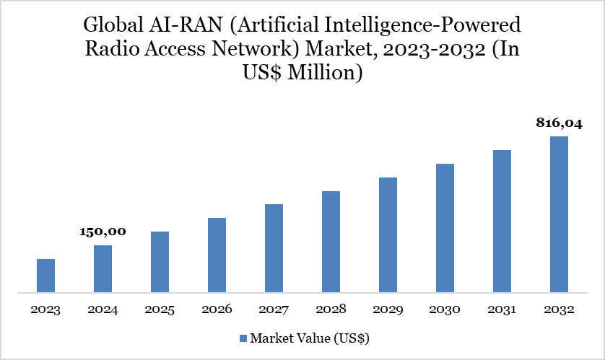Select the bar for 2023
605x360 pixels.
(45, 276)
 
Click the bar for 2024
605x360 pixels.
(103, 269)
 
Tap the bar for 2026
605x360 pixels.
(217, 255)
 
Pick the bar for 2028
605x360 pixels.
(331, 242)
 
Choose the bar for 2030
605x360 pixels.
(445, 228)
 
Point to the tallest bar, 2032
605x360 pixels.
(559, 214)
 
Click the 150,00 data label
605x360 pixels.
(103, 232)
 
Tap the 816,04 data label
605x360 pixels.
(559, 123)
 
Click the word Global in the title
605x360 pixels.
(113, 26)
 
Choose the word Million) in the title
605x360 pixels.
(324, 72)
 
